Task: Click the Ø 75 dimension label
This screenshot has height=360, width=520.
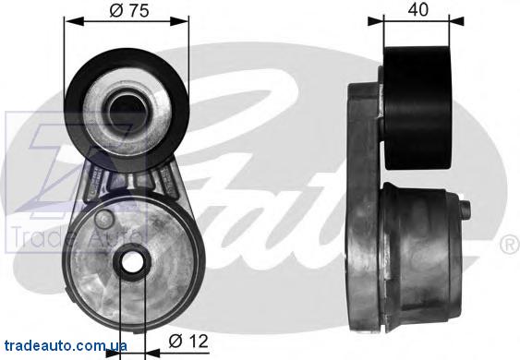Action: pyautogui.click(x=129, y=11)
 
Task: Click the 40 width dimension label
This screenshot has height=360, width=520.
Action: pyautogui.click(x=417, y=9)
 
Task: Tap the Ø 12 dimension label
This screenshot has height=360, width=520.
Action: pyautogui.click(x=188, y=342)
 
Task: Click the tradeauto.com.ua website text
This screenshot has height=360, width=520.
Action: pyautogui.click(x=66, y=346)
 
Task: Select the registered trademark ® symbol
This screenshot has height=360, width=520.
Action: pyautogui.click(x=510, y=244)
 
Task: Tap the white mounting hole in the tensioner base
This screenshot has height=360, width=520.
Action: pyautogui.click(x=133, y=262)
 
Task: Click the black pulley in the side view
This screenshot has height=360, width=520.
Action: pyautogui.click(x=417, y=108)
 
